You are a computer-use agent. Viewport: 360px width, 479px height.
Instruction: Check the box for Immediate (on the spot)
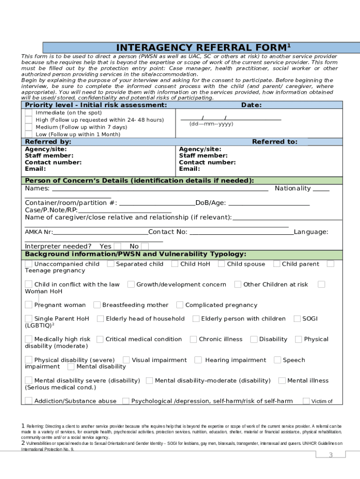tap(29, 113)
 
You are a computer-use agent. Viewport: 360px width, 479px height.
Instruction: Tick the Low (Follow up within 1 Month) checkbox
tap(29, 134)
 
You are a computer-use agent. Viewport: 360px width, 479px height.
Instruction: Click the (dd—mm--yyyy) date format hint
tap(211, 124)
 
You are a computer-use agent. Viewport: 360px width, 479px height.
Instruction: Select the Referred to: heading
tap(274, 142)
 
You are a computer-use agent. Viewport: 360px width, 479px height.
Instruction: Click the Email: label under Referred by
tap(35, 169)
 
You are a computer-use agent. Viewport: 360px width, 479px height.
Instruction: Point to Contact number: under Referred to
tap(208, 162)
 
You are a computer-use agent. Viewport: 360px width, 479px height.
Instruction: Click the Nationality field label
tap(293, 189)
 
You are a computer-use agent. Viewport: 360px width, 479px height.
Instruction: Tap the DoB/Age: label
tap(210, 203)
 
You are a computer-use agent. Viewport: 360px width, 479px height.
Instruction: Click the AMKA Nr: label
tap(39, 232)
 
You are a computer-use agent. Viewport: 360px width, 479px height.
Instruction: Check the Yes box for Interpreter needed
tap(117, 246)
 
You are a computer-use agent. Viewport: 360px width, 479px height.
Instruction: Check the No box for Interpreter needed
tap(145, 246)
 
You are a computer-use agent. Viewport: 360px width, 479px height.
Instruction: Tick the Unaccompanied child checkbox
tap(29, 264)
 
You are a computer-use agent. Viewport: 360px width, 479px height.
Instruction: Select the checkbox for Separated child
tap(111, 264)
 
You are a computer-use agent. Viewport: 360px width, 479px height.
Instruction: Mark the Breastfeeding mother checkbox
tap(97, 305)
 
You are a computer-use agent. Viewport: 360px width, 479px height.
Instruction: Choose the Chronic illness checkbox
tap(193, 339)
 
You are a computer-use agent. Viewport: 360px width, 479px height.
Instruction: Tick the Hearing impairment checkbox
tap(198, 360)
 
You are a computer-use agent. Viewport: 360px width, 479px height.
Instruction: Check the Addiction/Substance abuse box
tap(29, 400)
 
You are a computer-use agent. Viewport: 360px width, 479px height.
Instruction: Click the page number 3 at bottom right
tap(330, 455)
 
